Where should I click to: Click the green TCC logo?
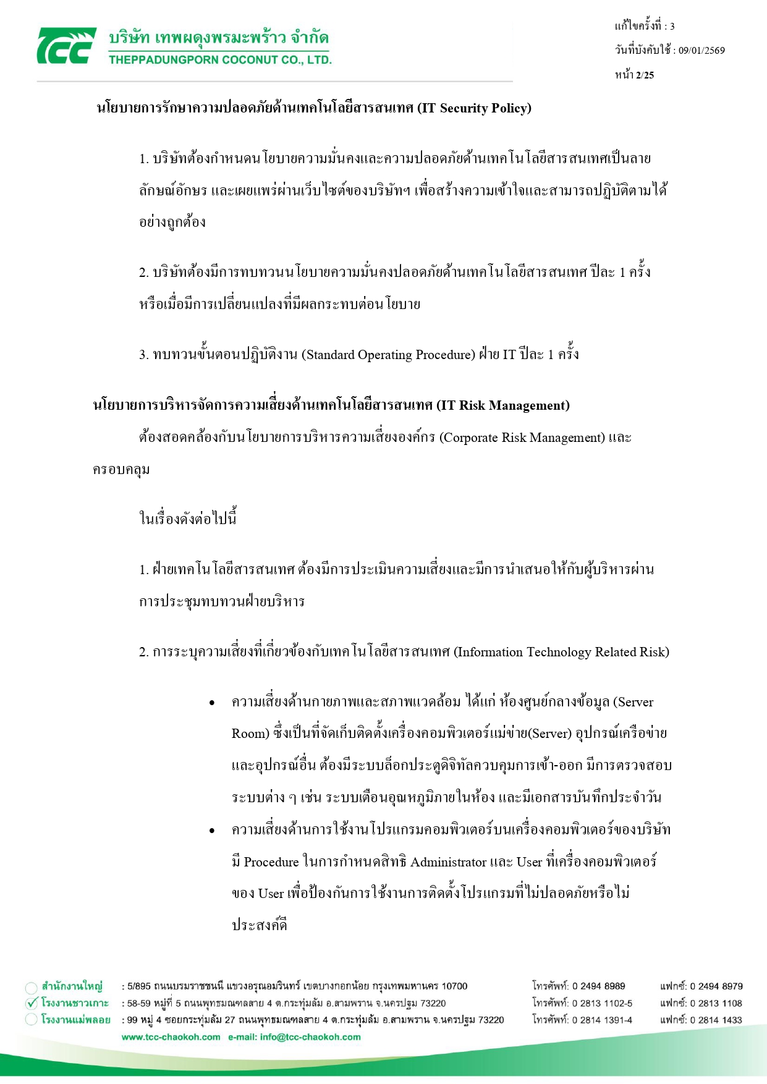66,46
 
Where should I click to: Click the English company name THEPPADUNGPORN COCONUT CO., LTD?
220,60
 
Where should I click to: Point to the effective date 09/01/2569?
701,51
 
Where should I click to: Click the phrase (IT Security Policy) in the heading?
475,108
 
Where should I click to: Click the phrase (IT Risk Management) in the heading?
503,405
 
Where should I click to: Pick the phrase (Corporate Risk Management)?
522,438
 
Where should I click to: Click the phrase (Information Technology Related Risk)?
562,652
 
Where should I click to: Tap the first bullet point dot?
212,703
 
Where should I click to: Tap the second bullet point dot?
212,831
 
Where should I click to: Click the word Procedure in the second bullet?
271,862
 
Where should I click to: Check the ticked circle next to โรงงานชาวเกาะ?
32,1002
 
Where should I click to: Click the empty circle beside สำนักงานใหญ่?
32,987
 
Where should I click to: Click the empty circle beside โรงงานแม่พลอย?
32,1020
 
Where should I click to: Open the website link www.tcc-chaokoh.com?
171,1037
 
